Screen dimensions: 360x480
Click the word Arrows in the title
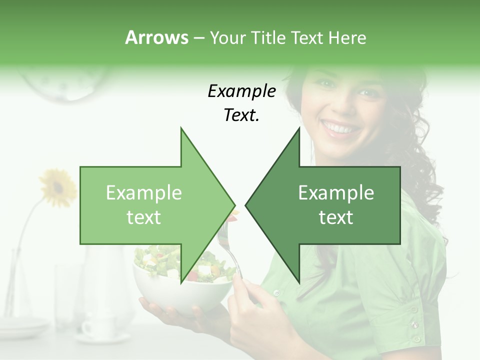pos(156,37)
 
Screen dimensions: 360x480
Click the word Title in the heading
pos(267,37)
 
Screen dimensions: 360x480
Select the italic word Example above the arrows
pos(241,91)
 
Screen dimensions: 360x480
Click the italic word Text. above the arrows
pos(241,115)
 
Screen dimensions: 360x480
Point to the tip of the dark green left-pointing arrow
pos(246,205)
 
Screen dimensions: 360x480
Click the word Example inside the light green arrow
pos(144,193)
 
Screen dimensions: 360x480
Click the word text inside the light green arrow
pos(144,217)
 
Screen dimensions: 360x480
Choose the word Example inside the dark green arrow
pos(336,193)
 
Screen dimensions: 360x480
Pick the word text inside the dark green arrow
pos(336,217)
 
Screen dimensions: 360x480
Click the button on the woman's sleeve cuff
pos(414,325)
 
